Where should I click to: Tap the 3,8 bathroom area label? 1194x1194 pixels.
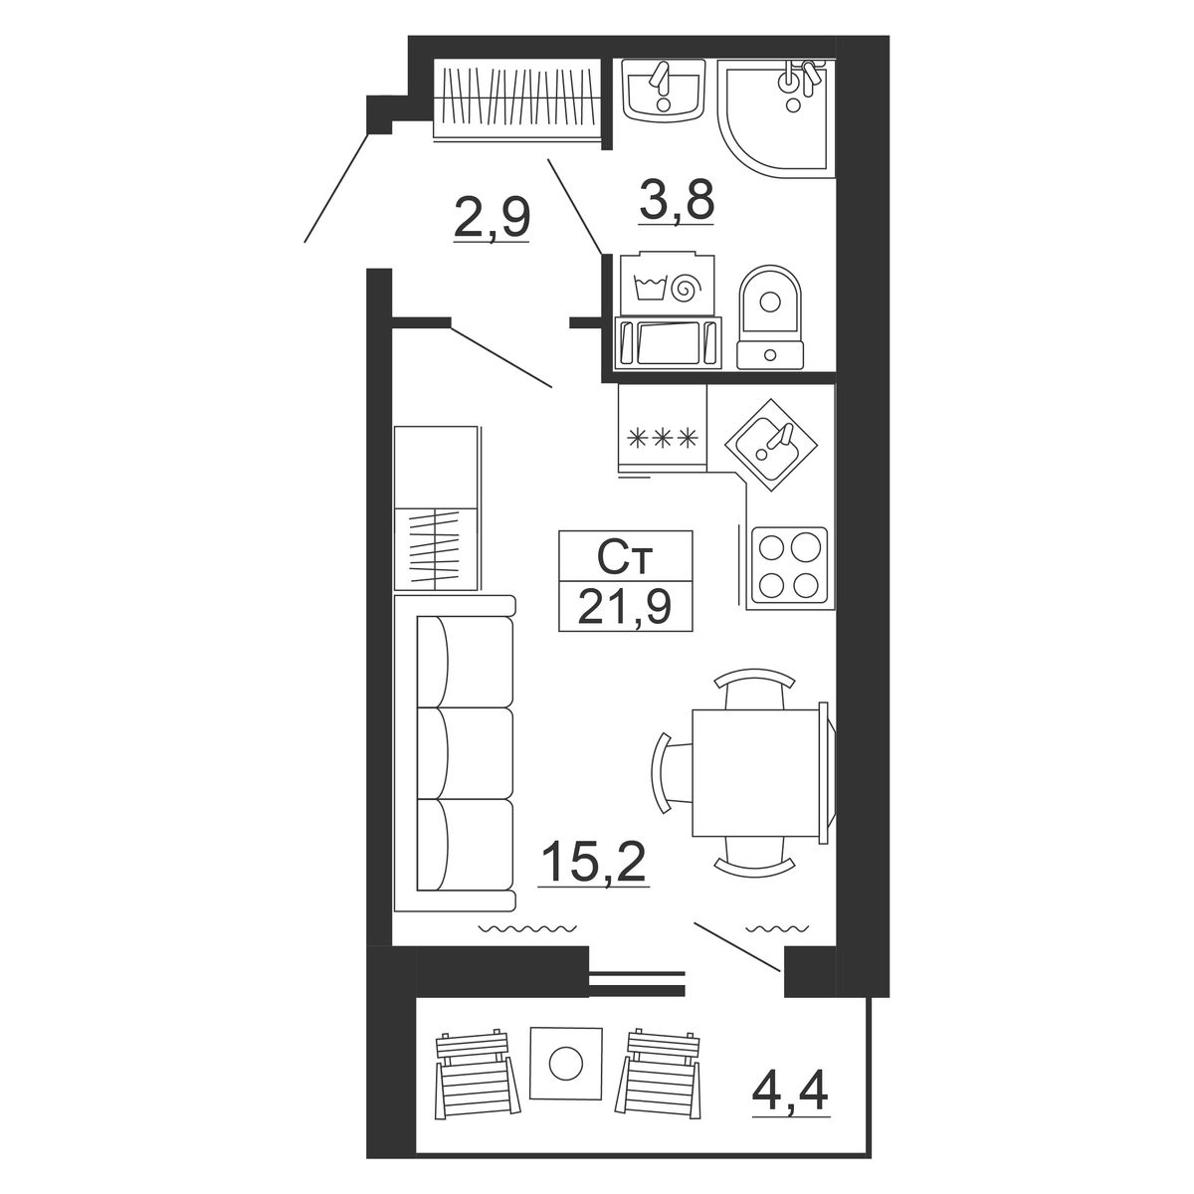678,200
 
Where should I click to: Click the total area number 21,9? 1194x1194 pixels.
625,607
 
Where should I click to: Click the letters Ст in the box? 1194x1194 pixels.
625,558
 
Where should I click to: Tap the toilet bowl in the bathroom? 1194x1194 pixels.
770,317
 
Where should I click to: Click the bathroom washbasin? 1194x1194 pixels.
664,90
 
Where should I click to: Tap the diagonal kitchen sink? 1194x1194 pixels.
771,444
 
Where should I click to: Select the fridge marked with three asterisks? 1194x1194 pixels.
663,431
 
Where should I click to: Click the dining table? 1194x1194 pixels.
760,773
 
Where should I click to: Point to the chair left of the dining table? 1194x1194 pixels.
671,773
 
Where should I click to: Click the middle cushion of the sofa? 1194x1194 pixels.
465,754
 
